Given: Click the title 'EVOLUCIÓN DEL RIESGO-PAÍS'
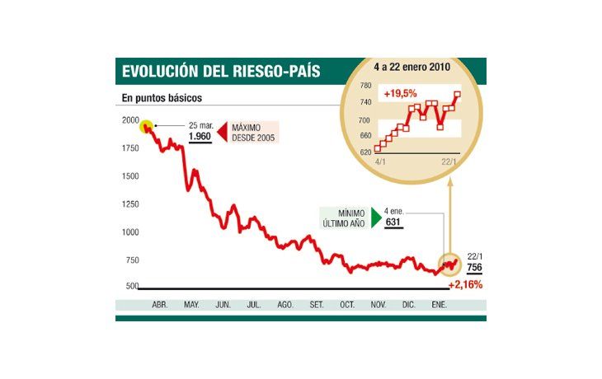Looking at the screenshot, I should (220, 72).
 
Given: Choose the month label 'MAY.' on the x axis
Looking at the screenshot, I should (191, 305).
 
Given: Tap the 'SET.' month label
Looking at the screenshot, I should (317, 305).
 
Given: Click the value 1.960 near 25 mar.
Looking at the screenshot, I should (200, 138).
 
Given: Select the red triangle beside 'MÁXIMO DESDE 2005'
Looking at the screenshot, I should (221, 132).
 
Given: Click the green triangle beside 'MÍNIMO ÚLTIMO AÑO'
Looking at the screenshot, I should (377, 218).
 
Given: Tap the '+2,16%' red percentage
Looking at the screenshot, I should (465, 284).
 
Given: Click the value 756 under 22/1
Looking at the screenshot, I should (474, 268).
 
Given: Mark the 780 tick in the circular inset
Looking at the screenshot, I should (364, 85).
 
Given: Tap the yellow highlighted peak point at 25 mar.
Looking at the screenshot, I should (146, 127).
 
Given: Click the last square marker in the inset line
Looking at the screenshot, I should (458, 94).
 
